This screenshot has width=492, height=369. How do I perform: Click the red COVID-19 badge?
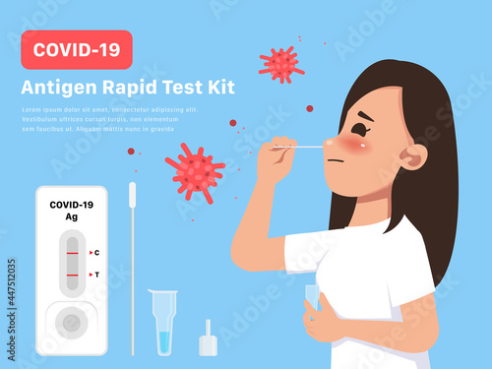coord(76,48)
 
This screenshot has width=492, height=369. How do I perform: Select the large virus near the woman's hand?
coord(195,171)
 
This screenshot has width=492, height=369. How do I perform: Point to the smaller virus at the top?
coord(281,64)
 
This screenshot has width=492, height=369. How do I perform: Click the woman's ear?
coord(414,155)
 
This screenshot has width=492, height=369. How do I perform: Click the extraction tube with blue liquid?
coord(163,320)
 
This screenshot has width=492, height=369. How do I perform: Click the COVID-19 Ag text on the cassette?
coord(70,210)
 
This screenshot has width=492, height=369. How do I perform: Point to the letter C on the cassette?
coord(95,253)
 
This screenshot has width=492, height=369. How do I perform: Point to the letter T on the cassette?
coord(95,275)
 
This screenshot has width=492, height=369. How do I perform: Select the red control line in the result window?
coord(72,253)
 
